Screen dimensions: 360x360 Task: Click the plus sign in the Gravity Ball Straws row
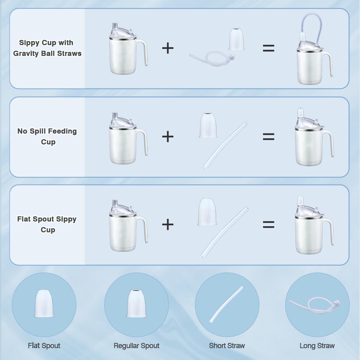click(x=168, y=48)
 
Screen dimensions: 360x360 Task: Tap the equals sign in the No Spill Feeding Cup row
click(x=268, y=137)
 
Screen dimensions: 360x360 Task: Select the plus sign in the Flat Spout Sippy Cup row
click(x=168, y=224)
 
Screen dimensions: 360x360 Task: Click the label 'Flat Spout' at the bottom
click(x=44, y=346)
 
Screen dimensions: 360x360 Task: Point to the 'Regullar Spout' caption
click(x=136, y=346)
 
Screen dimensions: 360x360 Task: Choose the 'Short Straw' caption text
click(x=227, y=346)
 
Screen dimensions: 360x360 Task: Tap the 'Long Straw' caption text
click(x=317, y=346)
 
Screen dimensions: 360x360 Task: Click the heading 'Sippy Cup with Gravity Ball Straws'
click(x=47, y=48)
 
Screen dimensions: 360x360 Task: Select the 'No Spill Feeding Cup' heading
click(x=47, y=136)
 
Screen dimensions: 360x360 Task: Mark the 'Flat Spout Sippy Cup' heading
click(x=47, y=224)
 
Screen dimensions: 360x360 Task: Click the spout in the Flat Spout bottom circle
click(x=44, y=303)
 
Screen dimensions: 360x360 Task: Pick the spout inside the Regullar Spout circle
click(x=136, y=303)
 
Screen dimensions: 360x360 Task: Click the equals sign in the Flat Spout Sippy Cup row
click(x=268, y=224)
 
